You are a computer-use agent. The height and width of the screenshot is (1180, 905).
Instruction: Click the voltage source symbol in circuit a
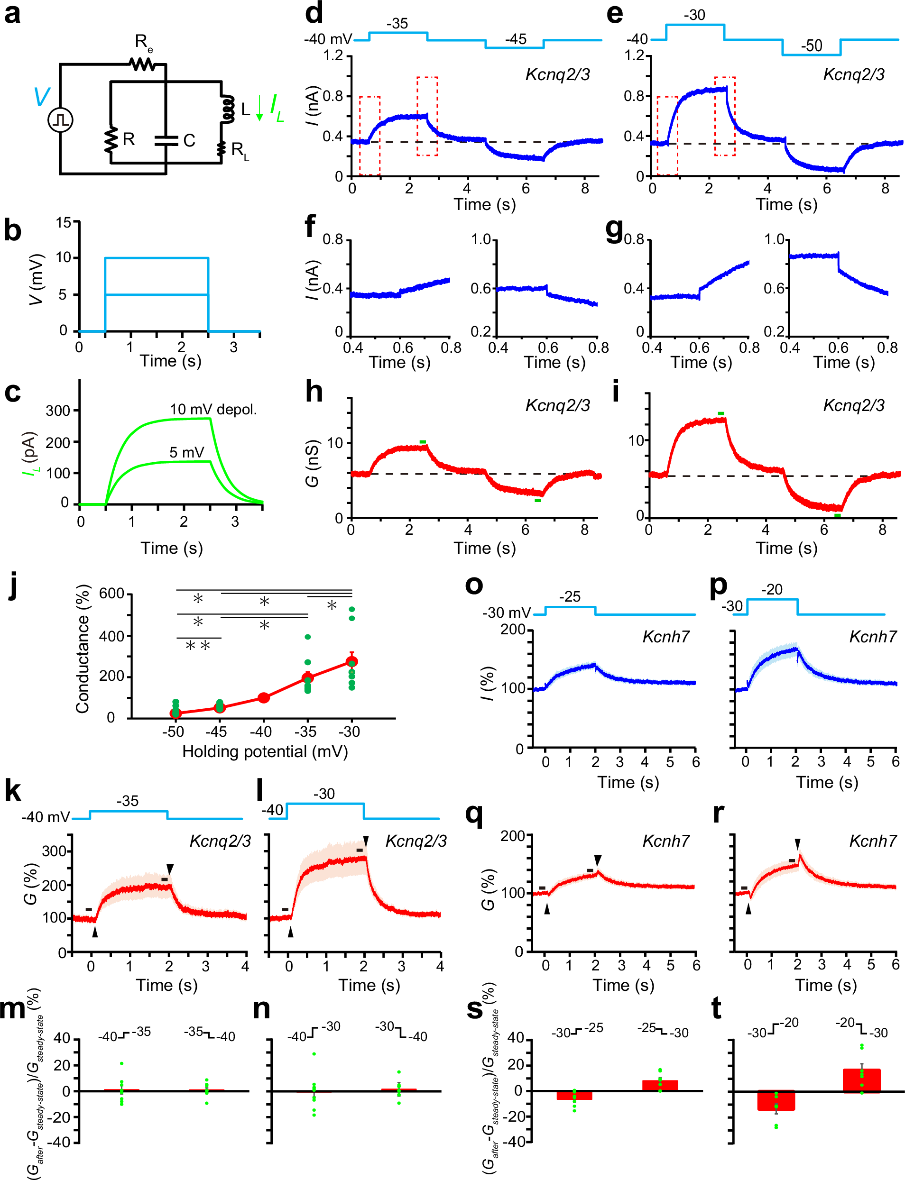60,120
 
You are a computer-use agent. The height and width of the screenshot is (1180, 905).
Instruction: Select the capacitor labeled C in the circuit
166,140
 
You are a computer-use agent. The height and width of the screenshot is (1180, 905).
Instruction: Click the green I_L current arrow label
277,108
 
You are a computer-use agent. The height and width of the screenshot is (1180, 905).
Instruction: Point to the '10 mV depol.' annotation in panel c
213,410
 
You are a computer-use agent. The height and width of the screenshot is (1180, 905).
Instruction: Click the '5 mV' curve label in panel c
186,452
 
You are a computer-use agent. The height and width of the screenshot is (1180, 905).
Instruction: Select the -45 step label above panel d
515,39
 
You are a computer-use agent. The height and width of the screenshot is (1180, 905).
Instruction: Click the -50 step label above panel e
811,46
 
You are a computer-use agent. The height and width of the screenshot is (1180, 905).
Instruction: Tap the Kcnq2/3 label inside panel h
557,405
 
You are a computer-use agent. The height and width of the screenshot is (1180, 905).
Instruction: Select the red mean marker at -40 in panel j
263,698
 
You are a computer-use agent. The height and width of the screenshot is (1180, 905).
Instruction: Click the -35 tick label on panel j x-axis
305,732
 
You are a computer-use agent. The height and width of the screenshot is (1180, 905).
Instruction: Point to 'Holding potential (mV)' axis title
265,751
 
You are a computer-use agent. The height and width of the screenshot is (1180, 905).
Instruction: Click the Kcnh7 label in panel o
666,637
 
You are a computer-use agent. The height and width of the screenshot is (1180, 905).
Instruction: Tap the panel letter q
474,814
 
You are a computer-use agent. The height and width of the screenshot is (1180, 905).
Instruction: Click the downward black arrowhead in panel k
170,869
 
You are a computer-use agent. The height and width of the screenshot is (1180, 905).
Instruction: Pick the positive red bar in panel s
660,1085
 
